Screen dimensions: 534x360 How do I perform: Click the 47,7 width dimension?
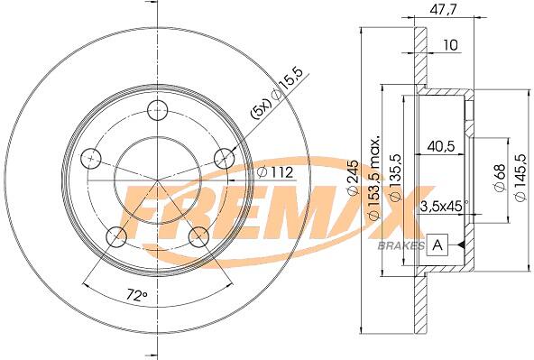pos(442,9)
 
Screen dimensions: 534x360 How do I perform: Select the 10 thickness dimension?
pos(451,45)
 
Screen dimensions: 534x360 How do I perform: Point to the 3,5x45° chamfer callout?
pos(445,207)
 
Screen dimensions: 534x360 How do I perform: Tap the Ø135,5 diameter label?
pos(396,178)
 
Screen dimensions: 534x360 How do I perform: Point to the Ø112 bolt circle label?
pos(275,172)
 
